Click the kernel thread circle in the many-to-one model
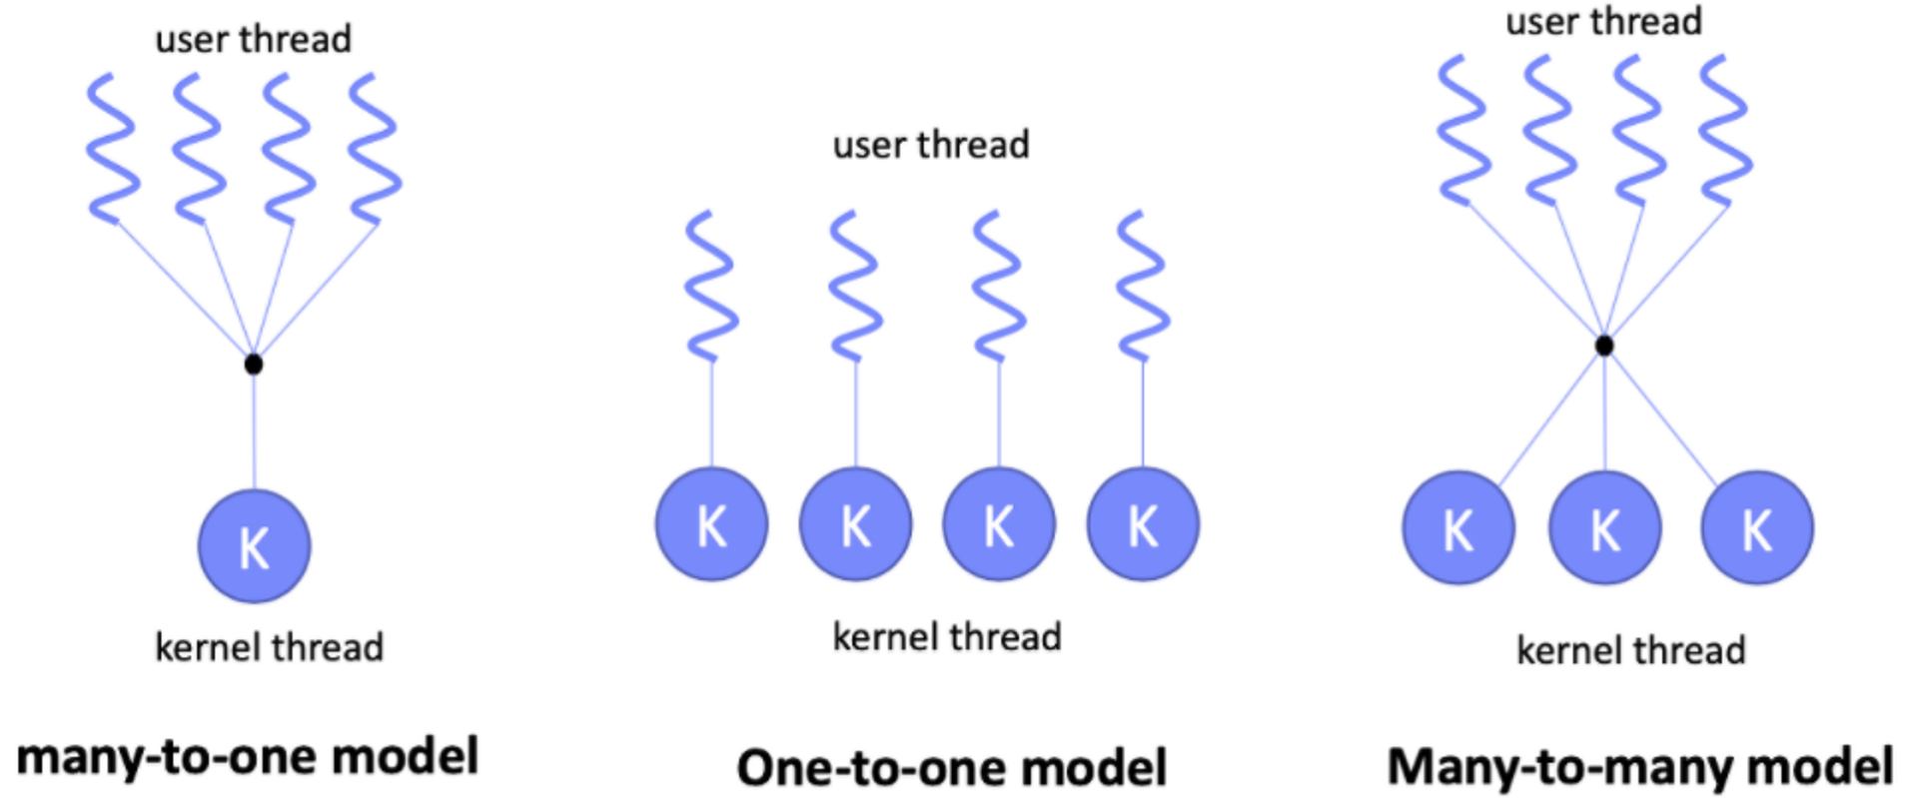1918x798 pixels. tap(254, 545)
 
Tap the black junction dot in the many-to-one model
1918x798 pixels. tap(254, 365)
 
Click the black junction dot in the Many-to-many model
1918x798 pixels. tap(1603, 346)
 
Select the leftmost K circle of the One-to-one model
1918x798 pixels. tap(711, 524)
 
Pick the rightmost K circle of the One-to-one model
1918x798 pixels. tap(1143, 524)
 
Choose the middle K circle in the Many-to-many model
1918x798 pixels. tap(1604, 528)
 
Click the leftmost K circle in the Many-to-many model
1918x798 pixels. tap(1458, 528)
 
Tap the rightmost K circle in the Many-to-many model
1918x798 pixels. tap(1756, 528)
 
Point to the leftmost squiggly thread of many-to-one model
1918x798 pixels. tap(113, 148)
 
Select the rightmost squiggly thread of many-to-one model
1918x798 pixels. tap(375, 148)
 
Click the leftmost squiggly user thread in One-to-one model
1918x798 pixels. tap(711, 286)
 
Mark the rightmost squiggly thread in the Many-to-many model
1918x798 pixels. tap(1725, 130)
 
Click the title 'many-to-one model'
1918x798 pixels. tap(248, 756)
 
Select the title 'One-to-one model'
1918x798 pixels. tap(951, 768)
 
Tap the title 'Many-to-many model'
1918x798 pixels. tap(1639, 767)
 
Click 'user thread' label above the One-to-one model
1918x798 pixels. tap(930, 145)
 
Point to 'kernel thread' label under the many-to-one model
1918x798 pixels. tap(269, 647)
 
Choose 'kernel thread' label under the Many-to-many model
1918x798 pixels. tap(1630, 650)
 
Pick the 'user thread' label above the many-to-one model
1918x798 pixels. tap(253, 39)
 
